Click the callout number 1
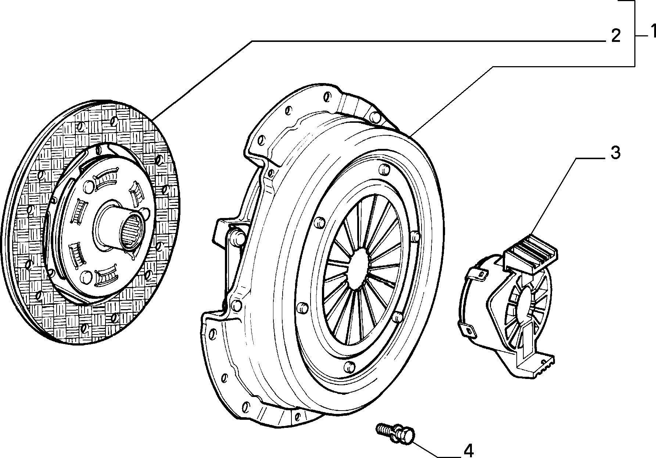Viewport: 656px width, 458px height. (x=652, y=32)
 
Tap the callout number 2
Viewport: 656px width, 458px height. (x=616, y=36)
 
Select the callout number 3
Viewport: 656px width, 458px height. (x=616, y=153)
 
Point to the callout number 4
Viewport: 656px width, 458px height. (x=468, y=450)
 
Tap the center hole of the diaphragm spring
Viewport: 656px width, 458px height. (x=358, y=267)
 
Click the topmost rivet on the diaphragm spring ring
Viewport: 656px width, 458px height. (x=383, y=169)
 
